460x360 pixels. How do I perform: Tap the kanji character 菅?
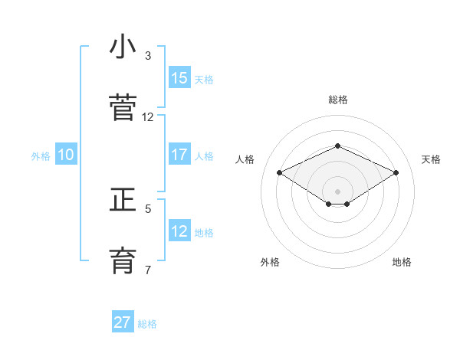click(x=123, y=107)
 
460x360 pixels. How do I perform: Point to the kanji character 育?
click(x=123, y=260)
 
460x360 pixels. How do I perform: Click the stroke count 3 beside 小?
click(x=148, y=56)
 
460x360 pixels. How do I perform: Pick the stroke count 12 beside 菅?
click(x=148, y=117)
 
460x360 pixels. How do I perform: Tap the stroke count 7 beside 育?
click(x=148, y=270)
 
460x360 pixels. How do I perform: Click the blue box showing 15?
click(x=179, y=78)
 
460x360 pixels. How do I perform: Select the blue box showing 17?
click(x=179, y=155)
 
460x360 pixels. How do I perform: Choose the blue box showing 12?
click(x=179, y=231)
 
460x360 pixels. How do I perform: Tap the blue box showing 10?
click(x=66, y=155)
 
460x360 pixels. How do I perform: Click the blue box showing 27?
click(x=123, y=322)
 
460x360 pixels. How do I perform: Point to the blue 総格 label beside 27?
click(x=147, y=324)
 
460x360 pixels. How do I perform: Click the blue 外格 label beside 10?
click(x=41, y=156)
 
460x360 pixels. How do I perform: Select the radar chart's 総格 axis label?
click(x=338, y=100)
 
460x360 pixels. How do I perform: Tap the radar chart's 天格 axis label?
click(x=431, y=159)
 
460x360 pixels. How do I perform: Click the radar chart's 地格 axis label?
click(x=402, y=262)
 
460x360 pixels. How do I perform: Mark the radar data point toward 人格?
click(x=279, y=172)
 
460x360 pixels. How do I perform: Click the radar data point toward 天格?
click(x=396, y=172)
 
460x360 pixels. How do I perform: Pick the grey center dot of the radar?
click(x=337, y=191)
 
